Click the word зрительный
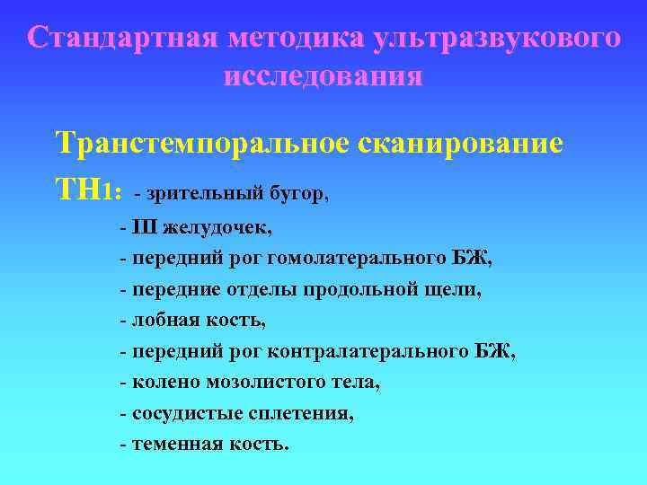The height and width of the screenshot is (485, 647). [x=194, y=193]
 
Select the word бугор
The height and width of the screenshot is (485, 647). [x=296, y=193]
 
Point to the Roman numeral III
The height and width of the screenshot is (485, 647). [x=145, y=225]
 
